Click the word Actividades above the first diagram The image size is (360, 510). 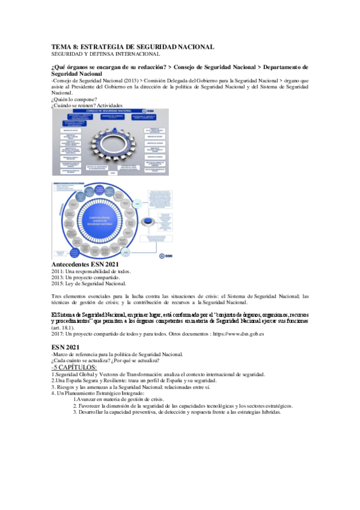122,106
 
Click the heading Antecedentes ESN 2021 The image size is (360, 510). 85,265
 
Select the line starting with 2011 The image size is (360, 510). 91,272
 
